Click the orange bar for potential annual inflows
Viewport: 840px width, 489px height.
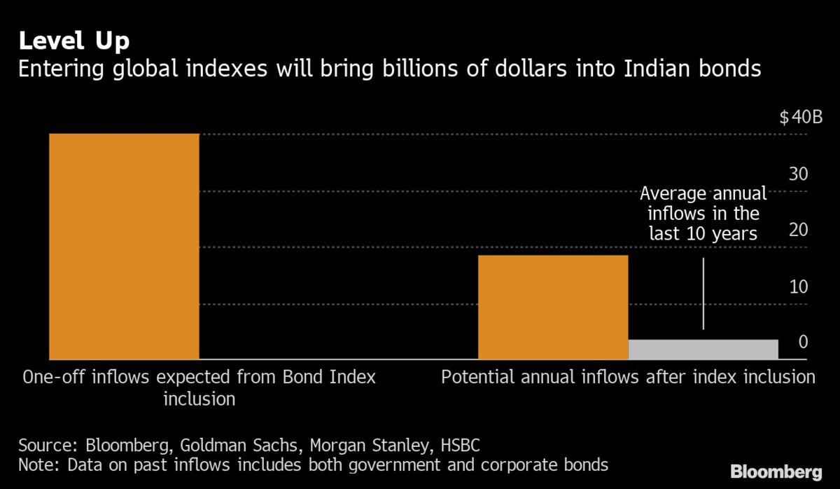coord(553,308)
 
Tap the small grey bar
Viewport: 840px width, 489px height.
coord(703,349)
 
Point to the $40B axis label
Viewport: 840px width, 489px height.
coord(801,118)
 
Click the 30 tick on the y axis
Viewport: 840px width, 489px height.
coord(799,174)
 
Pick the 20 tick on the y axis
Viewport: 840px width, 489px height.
coord(799,230)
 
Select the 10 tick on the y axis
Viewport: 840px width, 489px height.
coord(799,287)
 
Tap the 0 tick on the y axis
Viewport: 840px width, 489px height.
coord(804,342)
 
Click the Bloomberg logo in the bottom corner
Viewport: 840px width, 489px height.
coord(776,470)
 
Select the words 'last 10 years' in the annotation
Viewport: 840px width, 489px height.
coord(703,233)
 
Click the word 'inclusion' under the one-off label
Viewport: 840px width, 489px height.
coord(199,399)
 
